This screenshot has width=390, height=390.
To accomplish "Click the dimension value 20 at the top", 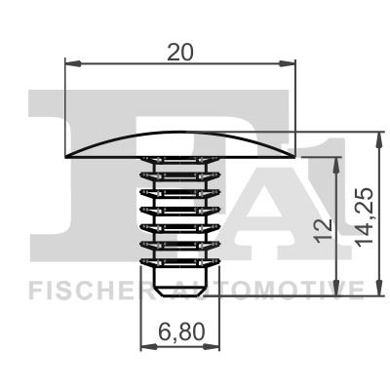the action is (180, 53).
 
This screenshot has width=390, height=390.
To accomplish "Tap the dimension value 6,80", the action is (181, 332).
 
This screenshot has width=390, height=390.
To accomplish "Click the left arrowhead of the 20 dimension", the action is (73, 63).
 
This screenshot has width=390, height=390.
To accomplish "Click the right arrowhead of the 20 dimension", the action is (288, 63).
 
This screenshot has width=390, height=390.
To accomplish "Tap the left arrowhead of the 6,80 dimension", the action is (148, 347).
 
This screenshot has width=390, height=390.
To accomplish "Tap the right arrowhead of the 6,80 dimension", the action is (212, 347).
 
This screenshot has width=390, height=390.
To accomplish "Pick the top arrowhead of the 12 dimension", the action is (337, 165).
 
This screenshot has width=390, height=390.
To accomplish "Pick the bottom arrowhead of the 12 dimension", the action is (337, 288).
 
